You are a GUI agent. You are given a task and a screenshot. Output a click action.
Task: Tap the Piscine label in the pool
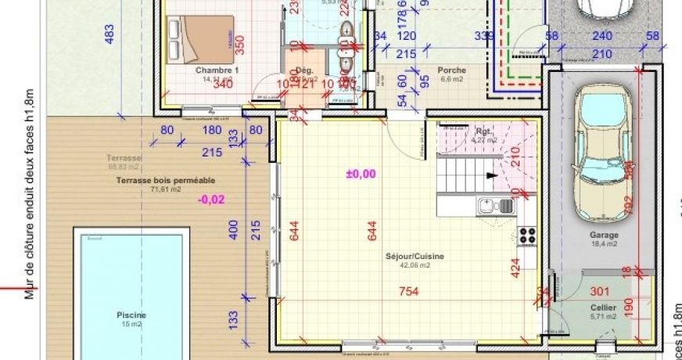tap(131, 315)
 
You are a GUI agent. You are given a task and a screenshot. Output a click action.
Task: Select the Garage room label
tap(604, 235)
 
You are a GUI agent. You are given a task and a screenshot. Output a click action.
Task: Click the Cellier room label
tap(603, 308)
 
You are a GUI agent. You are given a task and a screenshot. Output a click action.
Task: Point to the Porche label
tap(451, 70)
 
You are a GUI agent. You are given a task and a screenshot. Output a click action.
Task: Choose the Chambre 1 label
tap(217, 70)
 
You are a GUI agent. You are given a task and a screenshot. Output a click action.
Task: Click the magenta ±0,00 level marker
tap(361, 174)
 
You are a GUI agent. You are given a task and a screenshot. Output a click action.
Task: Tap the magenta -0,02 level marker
tap(211, 200)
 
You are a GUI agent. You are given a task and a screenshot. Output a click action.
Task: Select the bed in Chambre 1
tap(200, 38)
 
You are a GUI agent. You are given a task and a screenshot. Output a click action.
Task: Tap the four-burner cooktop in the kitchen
tap(526, 235)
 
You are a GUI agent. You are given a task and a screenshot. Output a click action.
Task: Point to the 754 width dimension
tap(409, 292)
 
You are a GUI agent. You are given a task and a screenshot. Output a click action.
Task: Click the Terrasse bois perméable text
tap(154, 180)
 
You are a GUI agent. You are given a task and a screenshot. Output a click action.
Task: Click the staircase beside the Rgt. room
tap(467, 172)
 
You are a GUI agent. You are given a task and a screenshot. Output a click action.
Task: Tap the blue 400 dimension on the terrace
tap(232, 230)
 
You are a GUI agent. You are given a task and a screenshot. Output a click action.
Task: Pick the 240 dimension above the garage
tap(601, 36)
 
